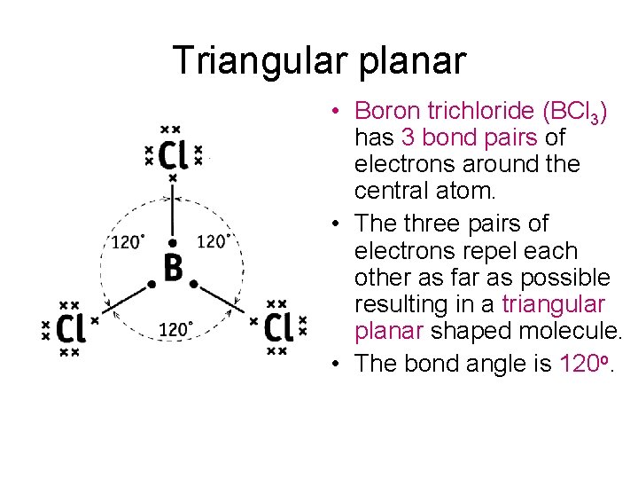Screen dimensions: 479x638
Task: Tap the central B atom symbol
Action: click(x=173, y=267)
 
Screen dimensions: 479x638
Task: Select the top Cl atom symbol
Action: click(x=173, y=155)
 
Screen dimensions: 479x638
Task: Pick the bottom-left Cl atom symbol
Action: click(x=70, y=329)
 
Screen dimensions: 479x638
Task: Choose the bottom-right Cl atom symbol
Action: click(x=277, y=327)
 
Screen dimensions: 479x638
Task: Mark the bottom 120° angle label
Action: click(x=175, y=330)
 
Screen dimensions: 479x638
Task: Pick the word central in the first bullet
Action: click(x=388, y=191)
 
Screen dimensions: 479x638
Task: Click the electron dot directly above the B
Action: click(x=173, y=241)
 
